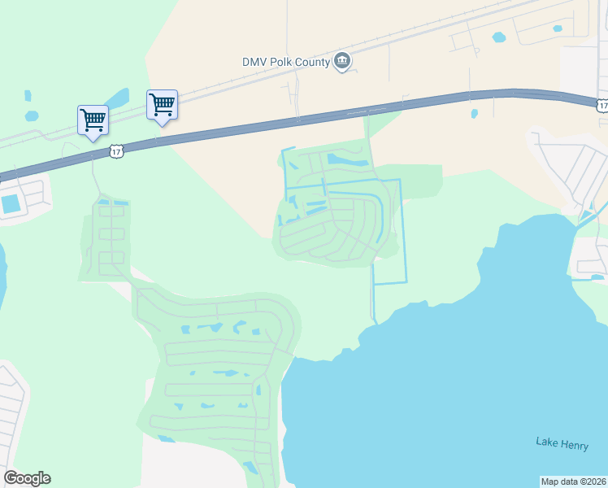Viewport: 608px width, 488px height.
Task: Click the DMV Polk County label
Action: pos(285,62)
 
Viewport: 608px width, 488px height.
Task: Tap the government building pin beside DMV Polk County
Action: pos(342,61)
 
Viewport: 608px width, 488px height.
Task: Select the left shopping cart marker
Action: pos(93,120)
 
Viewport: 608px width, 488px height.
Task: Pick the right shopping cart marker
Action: pos(162,105)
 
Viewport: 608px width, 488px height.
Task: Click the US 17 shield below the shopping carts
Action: pos(117,152)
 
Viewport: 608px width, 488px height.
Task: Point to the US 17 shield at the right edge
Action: pos(601,106)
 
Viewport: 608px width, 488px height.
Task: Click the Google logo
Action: pos(28,478)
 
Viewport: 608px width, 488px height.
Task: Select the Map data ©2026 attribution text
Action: pos(573,481)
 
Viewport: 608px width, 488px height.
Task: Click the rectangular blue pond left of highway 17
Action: pos(12,203)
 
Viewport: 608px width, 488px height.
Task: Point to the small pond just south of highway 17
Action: pos(474,114)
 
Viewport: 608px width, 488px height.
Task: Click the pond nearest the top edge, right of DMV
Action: pos(498,37)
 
